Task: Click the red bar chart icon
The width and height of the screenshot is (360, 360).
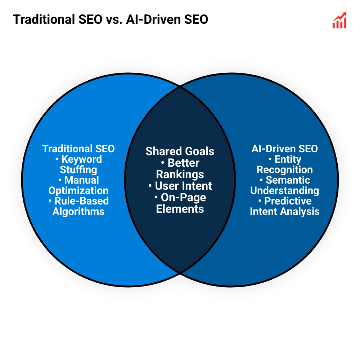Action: (x=339, y=21)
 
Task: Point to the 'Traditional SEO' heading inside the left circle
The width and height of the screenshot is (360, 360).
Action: (x=78, y=149)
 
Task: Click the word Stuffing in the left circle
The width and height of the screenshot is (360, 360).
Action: (x=78, y=170)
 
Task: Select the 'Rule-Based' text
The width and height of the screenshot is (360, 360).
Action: (x=81, y=201)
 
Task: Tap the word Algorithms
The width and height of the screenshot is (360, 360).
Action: (x=78, y=211)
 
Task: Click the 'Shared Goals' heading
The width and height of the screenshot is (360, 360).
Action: (x=180, y=151)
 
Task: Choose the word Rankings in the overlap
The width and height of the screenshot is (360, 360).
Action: (x=180, y=174)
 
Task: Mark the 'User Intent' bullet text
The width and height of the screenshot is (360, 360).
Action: (x=183, y=186)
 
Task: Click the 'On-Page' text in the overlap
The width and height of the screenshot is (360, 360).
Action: (x=183, y=197)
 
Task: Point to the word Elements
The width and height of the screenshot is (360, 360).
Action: (x=180, y=209)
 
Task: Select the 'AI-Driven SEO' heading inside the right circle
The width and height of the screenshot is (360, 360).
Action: (x=285, y=149)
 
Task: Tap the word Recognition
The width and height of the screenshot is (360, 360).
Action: (x=285, y=170)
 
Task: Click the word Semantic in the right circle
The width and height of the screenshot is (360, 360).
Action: (x=288, y=180)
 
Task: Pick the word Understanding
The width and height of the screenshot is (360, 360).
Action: (x=285, y=190)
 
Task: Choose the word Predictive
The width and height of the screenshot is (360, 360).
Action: (x=288, y=201)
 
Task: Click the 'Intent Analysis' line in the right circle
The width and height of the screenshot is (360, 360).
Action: (x=285, y=211)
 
